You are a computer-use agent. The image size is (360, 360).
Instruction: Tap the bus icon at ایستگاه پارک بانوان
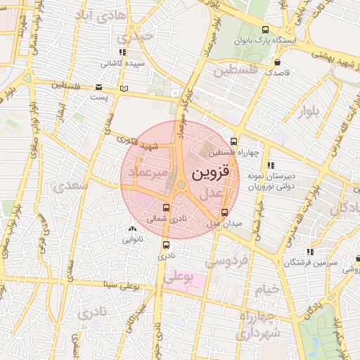(x=264, y=30)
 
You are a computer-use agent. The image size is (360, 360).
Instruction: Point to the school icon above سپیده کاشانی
(x=122, y=51)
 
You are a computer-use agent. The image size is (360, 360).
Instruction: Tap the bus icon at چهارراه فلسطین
(x=234, y=141)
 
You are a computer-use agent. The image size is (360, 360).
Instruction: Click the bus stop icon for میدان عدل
(x=224, y=212)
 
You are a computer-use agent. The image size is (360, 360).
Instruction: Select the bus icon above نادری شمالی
(x=166, y=207)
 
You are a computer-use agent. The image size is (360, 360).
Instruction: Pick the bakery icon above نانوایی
(x=132, y=228)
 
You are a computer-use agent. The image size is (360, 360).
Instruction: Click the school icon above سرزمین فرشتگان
(x=309, y=251)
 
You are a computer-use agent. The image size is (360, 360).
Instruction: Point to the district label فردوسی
(x=226, y=260)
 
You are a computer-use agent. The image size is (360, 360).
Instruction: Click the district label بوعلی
(x=179, y=276)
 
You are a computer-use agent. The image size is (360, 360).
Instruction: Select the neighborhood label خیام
(x=266, y=289)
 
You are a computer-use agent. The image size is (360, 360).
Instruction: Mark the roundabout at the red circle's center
(x=181, y=185)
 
